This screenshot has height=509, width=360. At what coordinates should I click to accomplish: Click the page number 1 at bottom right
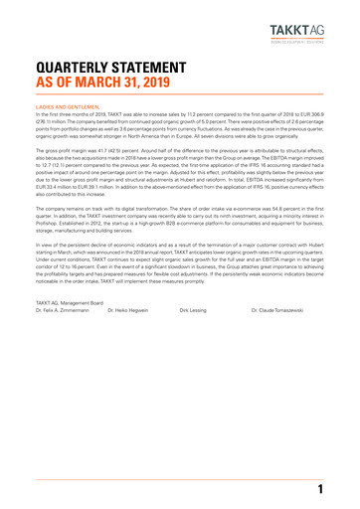pyautogui.click(x=320, y=490)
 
